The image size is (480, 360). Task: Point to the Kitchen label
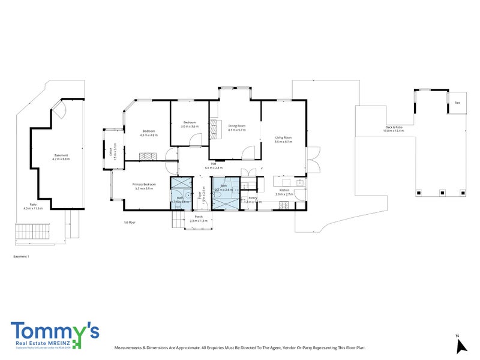tap(283, 191)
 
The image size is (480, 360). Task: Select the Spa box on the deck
tap(457, 103)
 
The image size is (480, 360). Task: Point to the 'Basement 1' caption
tap(21, 256)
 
